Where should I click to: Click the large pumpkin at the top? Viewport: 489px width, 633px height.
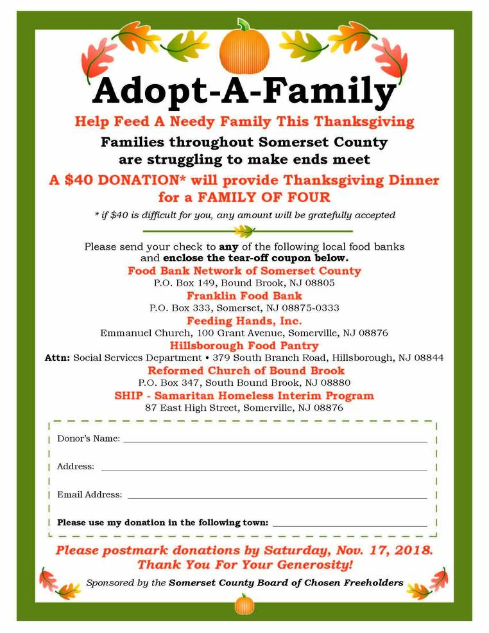click(x=244, y=48)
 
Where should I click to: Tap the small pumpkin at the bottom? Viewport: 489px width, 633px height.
click(x=244, y=605)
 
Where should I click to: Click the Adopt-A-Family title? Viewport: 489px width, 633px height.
click(x=244, y=91)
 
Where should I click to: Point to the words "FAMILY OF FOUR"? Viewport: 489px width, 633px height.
click(x=275, y=196)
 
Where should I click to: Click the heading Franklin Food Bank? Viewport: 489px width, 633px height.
click(x=244, y=296)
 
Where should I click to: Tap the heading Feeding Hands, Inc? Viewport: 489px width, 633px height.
click(x=244, y=321)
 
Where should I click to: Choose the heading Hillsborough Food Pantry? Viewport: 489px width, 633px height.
click(x=244, y=345)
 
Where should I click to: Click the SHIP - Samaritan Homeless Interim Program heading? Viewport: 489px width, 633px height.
click(x=244, y=395)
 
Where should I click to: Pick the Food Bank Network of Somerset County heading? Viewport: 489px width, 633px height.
click(x=244, y=271)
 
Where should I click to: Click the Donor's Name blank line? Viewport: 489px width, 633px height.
click(x=275, y=441)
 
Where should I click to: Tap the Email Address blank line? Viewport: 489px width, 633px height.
click(x=277, y=497)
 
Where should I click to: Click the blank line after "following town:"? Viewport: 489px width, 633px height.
click(x=349, y=525)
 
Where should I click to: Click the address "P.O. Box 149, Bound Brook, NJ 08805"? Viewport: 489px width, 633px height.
click(x=244, y=283)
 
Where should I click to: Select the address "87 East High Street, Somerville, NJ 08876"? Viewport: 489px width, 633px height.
click(x=244, y=408)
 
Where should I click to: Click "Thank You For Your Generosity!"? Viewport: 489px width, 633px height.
click(x=244, y=565)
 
